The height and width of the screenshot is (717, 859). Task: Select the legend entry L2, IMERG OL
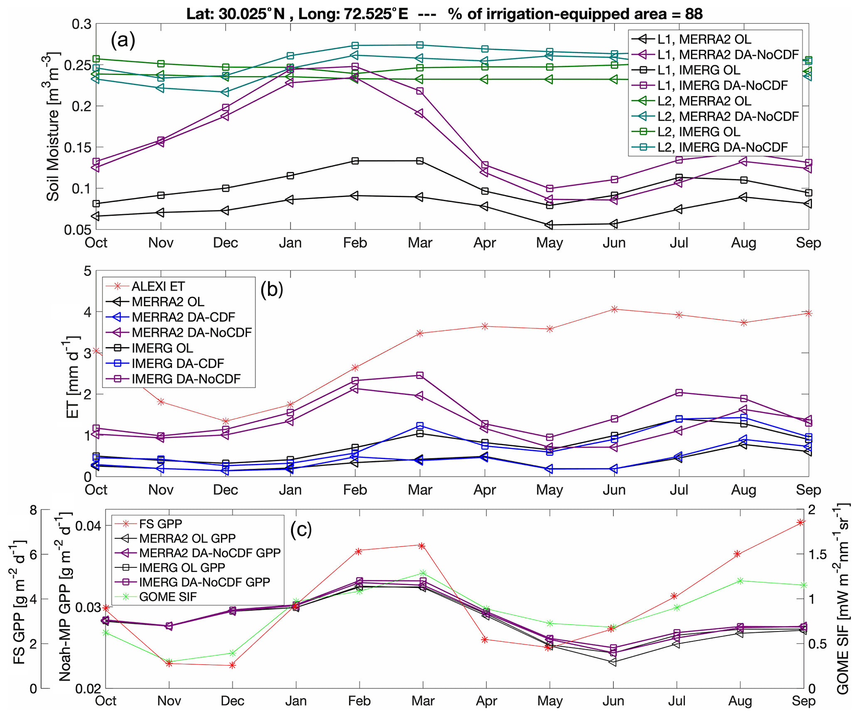click(x=699, y=132)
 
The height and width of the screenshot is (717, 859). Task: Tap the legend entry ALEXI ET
click(x=158, y=286)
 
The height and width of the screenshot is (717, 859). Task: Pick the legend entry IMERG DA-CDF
click(x=177, y=363)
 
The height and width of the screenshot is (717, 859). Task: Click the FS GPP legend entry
click(x=160, y=524)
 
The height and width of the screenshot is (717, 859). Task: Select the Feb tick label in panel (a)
click(x=355, y=243)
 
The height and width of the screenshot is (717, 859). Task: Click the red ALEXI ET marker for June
click(x=614, y=309)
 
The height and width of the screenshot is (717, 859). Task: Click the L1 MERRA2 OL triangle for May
click(x=549, y=225)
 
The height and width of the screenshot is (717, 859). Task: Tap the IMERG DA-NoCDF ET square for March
click(x=420, y=375)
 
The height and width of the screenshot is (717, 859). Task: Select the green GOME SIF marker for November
click(x=169, y=661)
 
